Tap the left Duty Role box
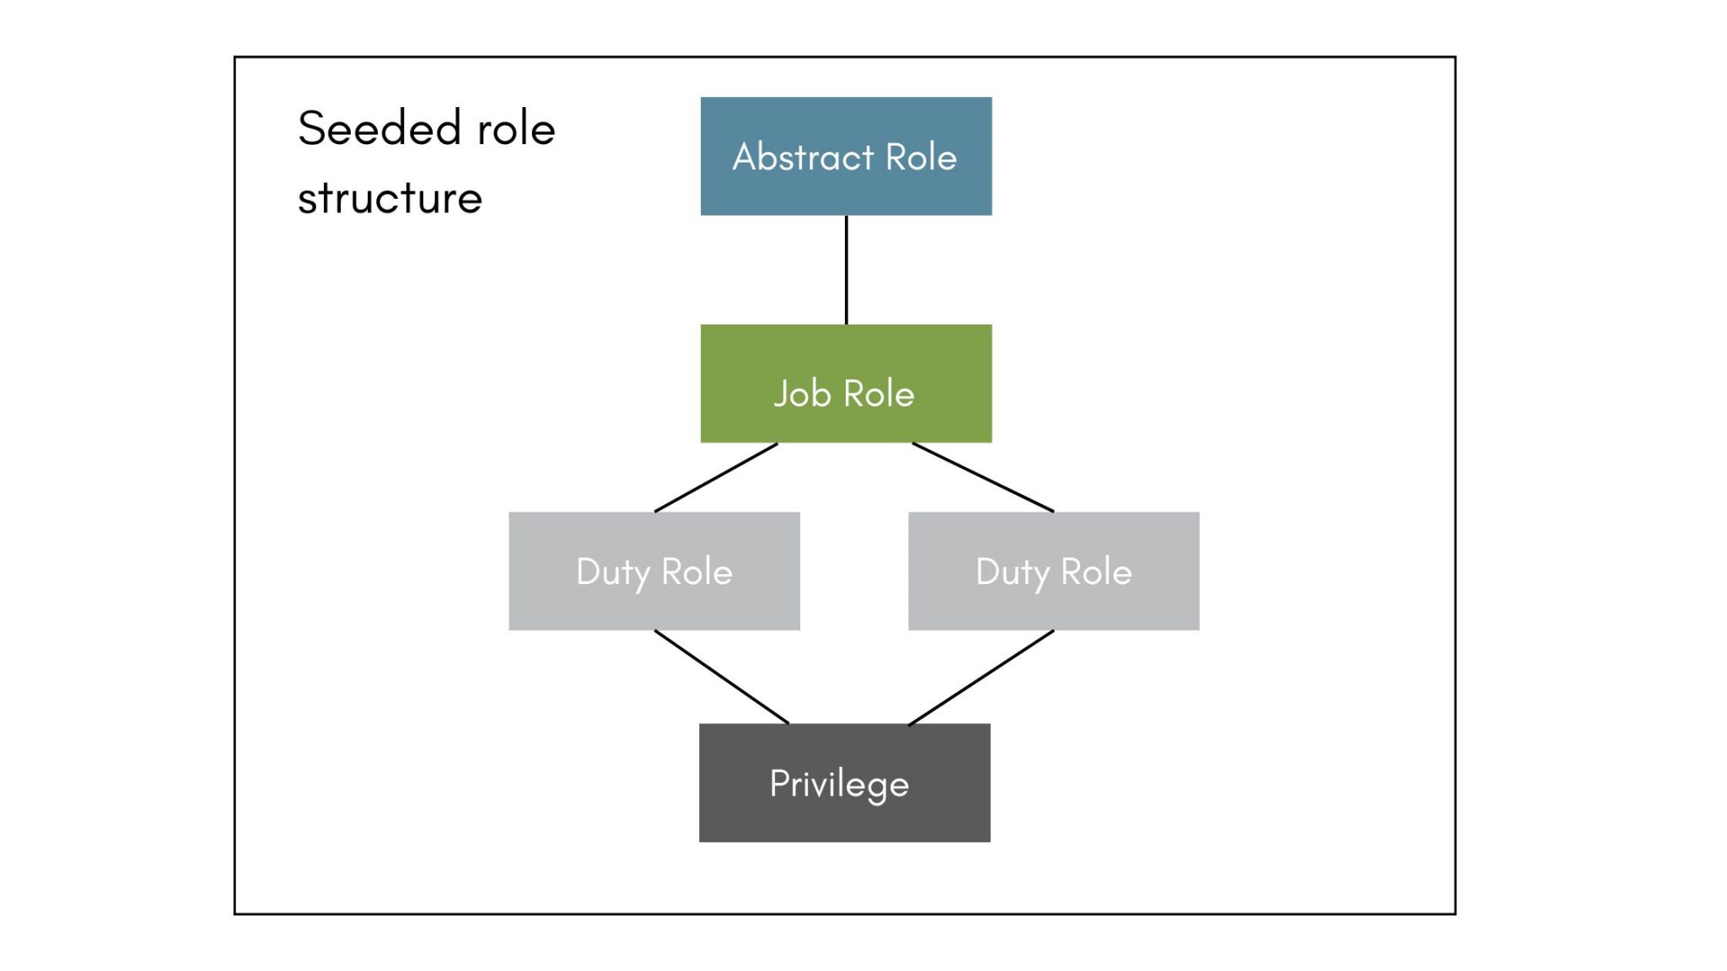click(x=654, y=607)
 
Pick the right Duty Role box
click(x=1053, y=607)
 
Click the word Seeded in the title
click(x=379, y=129)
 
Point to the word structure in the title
click(x=390, y=199)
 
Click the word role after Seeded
click(x=516, y=129)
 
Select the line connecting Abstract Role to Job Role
click(x=846, y=270)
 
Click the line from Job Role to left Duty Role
click(x=716, y=477)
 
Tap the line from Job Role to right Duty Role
click(x=983, y=477)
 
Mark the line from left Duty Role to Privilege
click(x=722, y=677)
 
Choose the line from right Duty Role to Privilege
click(x=981, y=677)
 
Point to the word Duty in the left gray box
click(x=613, y=572)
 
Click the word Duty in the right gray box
click(x=1012, y=572)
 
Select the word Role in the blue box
click(x=921, y=158)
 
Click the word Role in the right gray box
click(x=1095, y=572)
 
